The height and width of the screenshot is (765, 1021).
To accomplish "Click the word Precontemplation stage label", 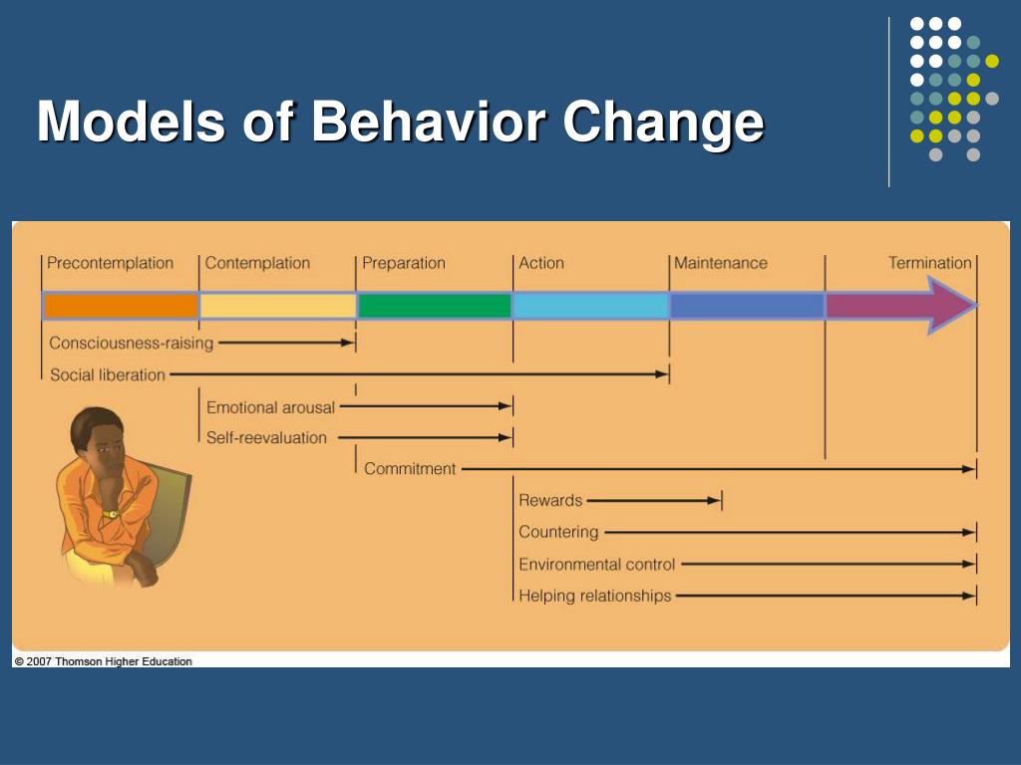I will pos(110,263).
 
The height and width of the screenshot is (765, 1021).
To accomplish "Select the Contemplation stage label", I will pos(257,263).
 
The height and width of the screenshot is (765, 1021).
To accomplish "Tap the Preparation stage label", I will pos(404,263).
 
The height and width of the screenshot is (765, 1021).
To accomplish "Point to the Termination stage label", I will pos(929,263).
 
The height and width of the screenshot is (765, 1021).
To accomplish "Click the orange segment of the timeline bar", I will pos(121,306).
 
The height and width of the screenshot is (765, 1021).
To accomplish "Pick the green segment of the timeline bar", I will pos(435,306).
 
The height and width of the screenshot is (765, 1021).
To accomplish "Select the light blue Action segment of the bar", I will pos(590,306).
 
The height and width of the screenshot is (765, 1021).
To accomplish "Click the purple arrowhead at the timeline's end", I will pos(950,305).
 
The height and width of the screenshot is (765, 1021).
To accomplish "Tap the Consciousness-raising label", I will pos(132,343).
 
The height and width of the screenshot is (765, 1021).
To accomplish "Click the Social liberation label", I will pos(108,376).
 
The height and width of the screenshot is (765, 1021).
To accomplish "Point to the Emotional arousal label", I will pos(270,407).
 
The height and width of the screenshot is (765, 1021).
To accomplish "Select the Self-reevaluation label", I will pos(266,437).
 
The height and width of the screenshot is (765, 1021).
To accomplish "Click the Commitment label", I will pos(410,468).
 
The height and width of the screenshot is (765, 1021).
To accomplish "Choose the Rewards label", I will pos(550,500).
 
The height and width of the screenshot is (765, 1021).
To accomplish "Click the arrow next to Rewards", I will pos(653,500).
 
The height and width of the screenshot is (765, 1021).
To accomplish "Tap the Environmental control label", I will pos(596,564).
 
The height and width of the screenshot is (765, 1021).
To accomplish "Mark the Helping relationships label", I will pos(594,596).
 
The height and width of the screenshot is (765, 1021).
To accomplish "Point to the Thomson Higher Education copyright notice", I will pos(103,661).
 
